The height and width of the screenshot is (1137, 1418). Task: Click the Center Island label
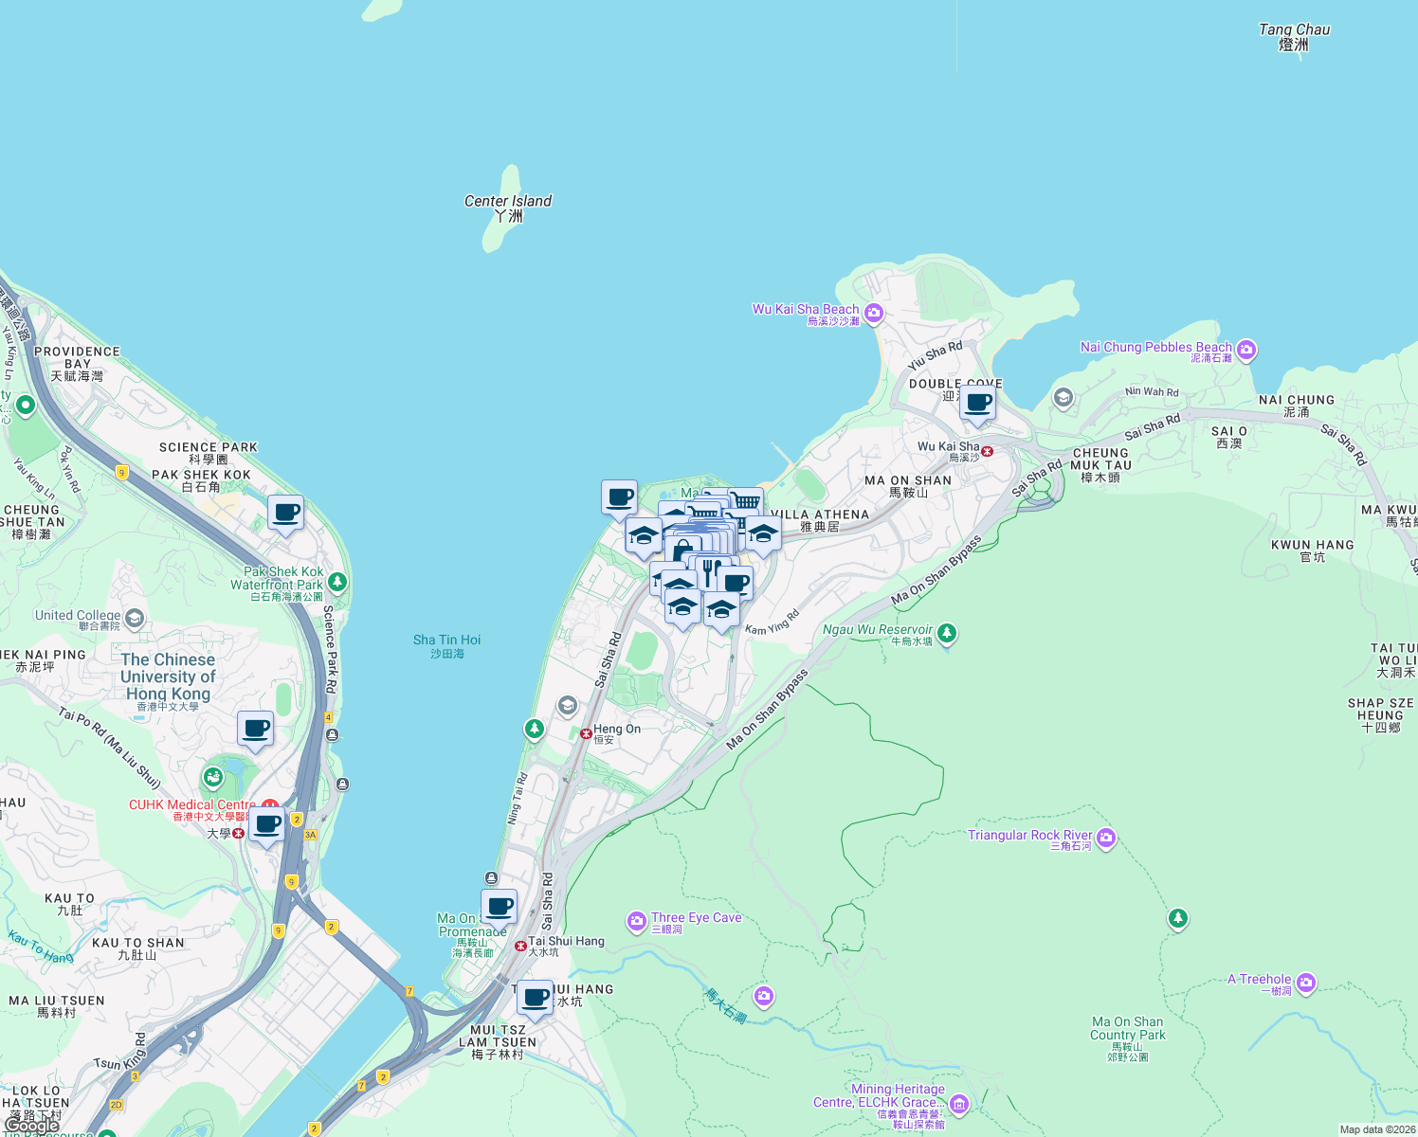point(508,208)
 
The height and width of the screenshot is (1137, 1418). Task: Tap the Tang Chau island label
point(1294,37)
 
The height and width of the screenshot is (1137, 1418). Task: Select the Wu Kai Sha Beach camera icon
point(874,313)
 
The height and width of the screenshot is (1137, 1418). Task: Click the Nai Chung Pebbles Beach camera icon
point(1246,351)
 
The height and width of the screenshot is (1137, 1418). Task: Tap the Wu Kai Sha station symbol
point(988,452)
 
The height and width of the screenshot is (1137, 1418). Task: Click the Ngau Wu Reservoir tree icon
point(946,632)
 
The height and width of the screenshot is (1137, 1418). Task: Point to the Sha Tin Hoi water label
point(446,646)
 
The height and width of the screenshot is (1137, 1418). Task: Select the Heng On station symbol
point(586,733)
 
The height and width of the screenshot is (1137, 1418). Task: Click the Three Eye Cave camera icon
point(637,920)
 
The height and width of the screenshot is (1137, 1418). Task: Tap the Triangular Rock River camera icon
point(1106,838)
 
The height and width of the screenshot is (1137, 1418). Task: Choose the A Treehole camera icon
point(1306,983)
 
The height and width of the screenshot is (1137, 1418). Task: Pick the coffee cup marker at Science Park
point(285,514)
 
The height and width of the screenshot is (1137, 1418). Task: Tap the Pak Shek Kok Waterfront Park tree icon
point(337,581)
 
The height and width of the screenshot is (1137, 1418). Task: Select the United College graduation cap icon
point(135,620)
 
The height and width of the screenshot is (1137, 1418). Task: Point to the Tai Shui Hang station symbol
point(520,946)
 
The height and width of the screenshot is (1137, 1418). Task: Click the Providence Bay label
point(77,363)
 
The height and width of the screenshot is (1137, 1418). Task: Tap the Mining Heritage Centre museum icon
point(958,1104)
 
